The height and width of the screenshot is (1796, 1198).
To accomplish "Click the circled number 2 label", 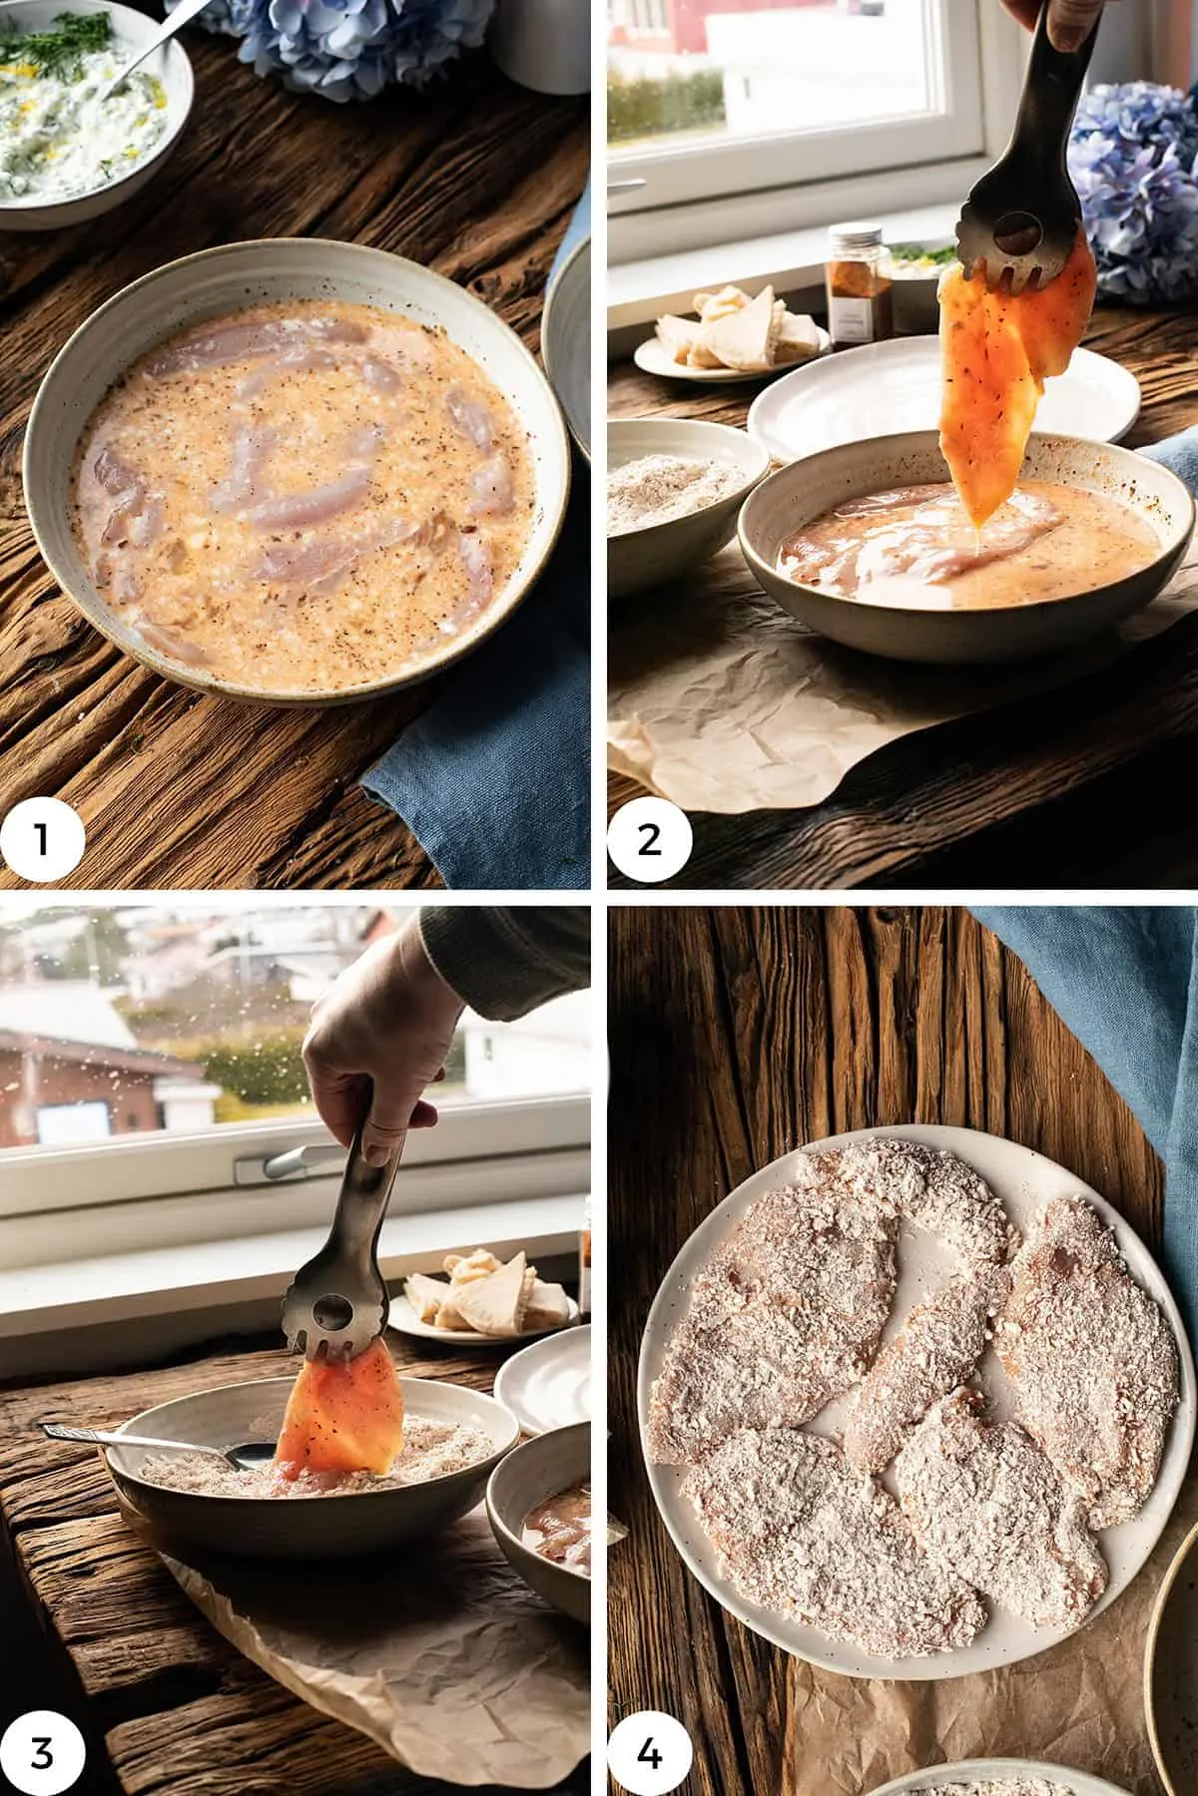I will (650, 839).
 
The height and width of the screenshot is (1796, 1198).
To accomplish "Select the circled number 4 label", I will (650, 1747).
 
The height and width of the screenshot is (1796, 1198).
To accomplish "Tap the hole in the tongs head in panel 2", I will (1010, 239).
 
